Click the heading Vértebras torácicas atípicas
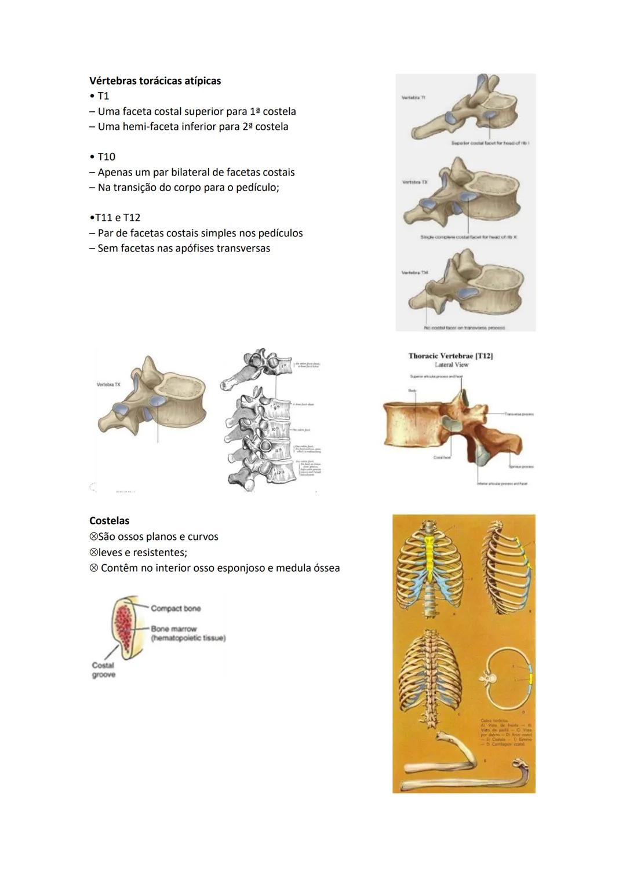tap(155, 81)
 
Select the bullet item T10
tap(106, 157)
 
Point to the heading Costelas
tap(109, 521)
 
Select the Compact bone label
tap(176, 608)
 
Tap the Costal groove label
tap(103, 670)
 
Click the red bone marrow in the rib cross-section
tap(122, 626)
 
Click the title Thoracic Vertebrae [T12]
tap(450, 356)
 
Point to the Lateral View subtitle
tap(452, 365)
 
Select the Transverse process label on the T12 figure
tap(519, 414)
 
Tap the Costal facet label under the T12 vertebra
tap(442, 458)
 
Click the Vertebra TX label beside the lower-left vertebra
tap(109, 385)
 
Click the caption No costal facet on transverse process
tap(464, 328)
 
